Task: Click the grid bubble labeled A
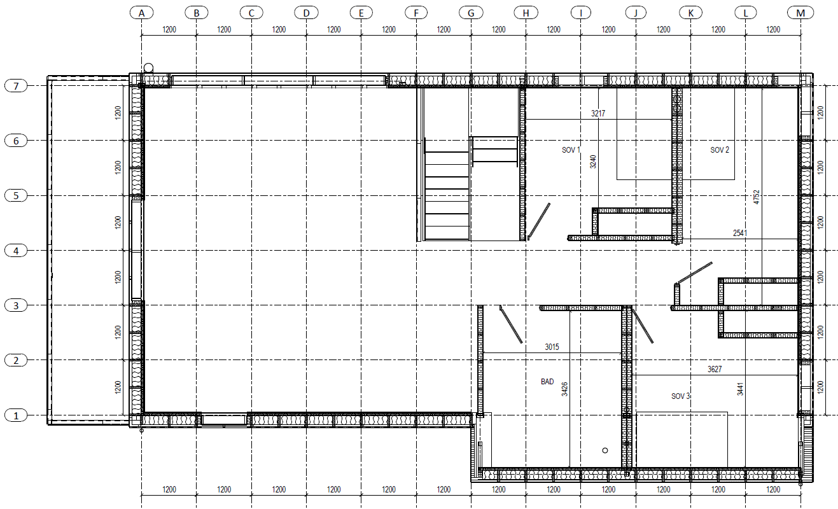141,13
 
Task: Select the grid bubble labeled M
800,13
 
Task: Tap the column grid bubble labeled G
471,13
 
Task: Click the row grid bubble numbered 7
16,86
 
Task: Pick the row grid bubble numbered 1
16,415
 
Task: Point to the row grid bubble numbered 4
16,251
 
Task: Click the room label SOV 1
571,150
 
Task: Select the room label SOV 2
720,150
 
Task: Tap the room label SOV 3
680,396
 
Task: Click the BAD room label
547,382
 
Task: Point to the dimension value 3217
598,113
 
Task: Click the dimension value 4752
757,197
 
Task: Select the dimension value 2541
740,233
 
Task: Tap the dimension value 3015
552,347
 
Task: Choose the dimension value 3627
715,369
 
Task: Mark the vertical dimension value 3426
564,389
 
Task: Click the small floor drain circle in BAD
605,450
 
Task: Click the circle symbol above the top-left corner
148,68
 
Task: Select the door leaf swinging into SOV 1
539,221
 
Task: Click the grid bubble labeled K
690,13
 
